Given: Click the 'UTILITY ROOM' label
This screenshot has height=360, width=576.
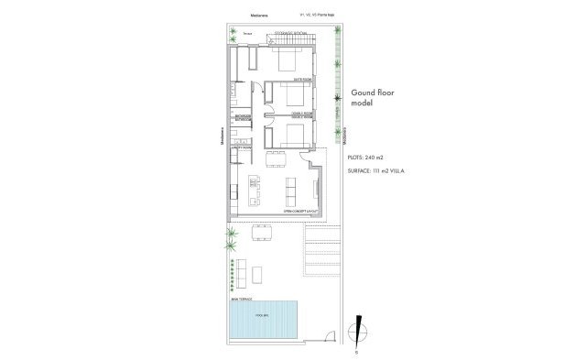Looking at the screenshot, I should click(x=243, y=147).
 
